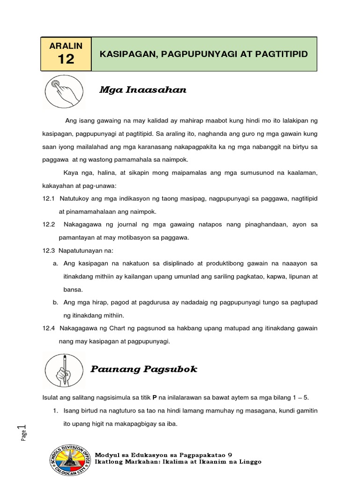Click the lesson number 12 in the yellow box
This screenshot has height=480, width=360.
click(x=66, y=59)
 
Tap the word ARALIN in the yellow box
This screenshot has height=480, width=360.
click(x=66, y=45)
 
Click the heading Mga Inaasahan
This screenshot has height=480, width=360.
click(x=142, y=90)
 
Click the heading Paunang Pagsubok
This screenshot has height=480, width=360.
click(x=143, y=369)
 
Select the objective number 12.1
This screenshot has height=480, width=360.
click(x=49, y=199)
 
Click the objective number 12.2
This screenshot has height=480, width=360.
click(x=49, y=225)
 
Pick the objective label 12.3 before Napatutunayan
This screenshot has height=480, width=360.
click(x=49, y=251)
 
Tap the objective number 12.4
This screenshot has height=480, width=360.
click(x=49, y=329)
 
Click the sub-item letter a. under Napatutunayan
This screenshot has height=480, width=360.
click(x=55, y=263)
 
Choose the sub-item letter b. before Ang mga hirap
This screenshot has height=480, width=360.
click(x=55, y=302)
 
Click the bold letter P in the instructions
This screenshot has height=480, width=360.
click(x=155, y=397)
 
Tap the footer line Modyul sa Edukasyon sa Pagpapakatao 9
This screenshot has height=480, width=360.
click(x=163, y=455)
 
